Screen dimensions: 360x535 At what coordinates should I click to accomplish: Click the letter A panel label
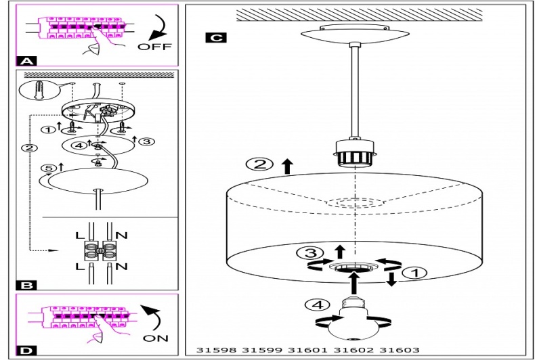click(x=26, y=60)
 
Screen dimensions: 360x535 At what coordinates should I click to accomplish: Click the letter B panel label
click(x=26, y=286)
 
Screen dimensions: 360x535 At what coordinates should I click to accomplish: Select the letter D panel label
click(x=26, y=350)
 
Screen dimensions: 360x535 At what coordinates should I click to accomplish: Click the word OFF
click(x=154, y=47)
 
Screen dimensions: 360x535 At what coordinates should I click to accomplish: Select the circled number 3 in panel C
click(x=307, y=253)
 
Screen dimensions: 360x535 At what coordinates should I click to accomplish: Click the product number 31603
click(x=399, y=350)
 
